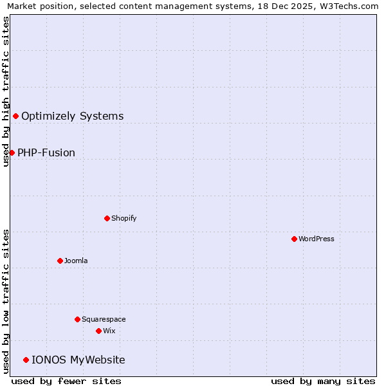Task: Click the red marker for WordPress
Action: coord(294,239)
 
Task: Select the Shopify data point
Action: coord(107,218)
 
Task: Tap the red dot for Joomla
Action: coord(60,261)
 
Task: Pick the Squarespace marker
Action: coord(77,319)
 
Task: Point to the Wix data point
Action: coord(98,331)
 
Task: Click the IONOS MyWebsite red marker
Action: coord(26,360)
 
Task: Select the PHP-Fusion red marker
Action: coord(12,152)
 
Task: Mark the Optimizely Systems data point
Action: coord(15,116)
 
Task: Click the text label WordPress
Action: coord(316,239)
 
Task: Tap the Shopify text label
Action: coord(124,218)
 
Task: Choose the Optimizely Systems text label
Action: coord(72,116)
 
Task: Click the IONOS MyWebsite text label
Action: coord(78,360)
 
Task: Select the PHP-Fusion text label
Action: coord(46,152)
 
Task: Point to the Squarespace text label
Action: coord(104,319)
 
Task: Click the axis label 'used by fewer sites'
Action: coord(66,381)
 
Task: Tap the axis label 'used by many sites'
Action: coord(323,381)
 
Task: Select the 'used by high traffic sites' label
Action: coord(6,91)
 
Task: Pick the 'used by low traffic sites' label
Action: coord(6,300)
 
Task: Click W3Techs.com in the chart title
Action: coord(349,6)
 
